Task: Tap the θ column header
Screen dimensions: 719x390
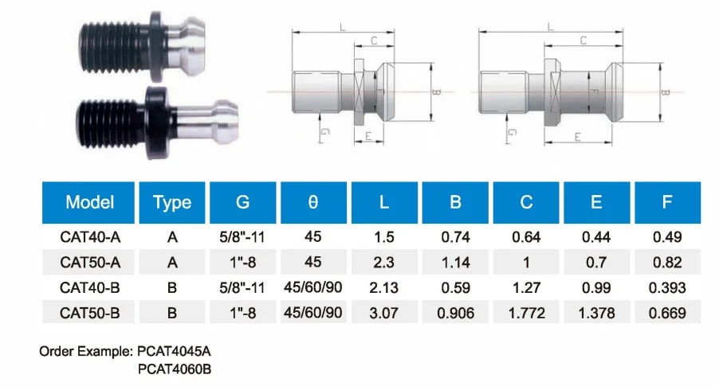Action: click(x=313, y=202)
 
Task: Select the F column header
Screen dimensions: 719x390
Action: click(x=667, y=202)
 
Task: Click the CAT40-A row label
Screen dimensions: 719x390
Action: click(x=90, y=237)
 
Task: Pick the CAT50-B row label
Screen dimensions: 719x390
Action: click(x=90, y=313)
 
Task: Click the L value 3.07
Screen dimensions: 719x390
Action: click(x=383, y=313)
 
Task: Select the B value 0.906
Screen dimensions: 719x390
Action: click(x=455, y=313)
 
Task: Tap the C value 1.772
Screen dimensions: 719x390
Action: click(x=526, y=313)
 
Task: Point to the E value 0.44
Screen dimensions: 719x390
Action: click(x=596, y=237)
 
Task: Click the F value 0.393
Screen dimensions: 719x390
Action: click(x=667, y=288)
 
